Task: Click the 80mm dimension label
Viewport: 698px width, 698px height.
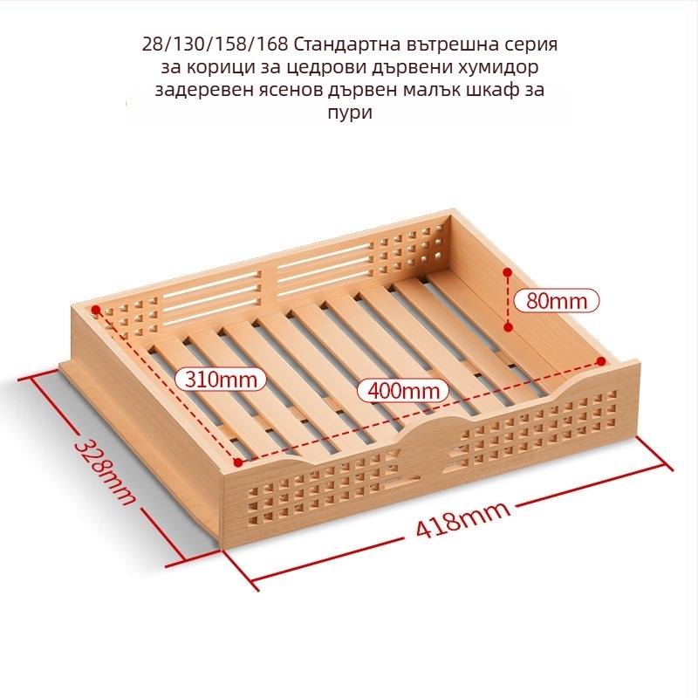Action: pyautogui.click(x=557, y=301)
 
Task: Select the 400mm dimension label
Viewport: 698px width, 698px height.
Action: pyautogui.click(x=404, y=391)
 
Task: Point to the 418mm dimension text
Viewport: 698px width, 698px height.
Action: pyautogui.click(x=463, y=519)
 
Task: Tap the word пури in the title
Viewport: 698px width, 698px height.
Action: pyautogui.click(x=350, y=113)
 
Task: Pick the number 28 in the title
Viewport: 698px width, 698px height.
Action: pyautogui.click(x=149, y=44)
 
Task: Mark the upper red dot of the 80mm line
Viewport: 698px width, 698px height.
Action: pyautogui.click(x=508, y=271)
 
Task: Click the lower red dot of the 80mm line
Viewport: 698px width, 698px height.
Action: pyautogui.click(x=509, y=328)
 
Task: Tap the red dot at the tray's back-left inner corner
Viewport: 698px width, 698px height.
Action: pyautogui.click(x=95, y=309)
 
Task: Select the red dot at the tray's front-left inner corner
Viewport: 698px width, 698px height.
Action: pyautogui.click(x=237, y=462)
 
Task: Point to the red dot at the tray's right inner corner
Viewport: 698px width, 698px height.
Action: pyautogui.click(x=601, y=361)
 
